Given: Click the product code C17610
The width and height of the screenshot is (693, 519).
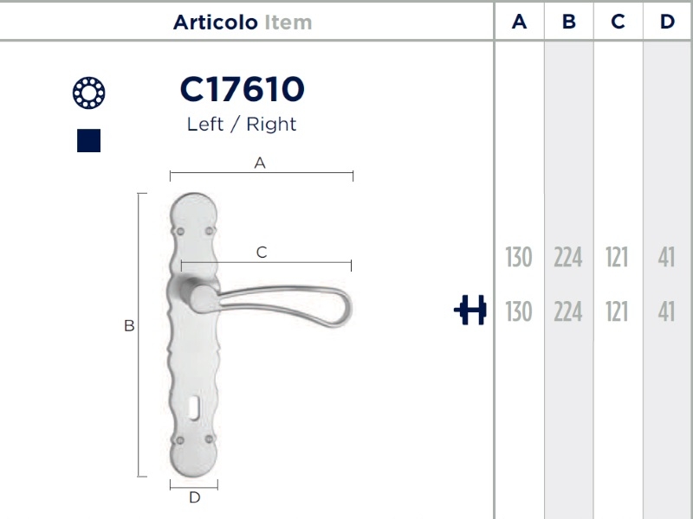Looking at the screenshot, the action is [x=243, y=89].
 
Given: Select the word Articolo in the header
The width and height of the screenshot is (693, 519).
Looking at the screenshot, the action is [x=215, y=22].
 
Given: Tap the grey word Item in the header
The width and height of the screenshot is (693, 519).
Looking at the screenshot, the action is [x=288, y=22].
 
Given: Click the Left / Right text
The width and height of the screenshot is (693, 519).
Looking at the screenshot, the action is [x=242, y=124].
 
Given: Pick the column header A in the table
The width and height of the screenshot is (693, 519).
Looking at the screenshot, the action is [x=519, y=22].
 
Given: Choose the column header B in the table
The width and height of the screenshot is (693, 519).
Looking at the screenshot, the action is [x=569, y=22].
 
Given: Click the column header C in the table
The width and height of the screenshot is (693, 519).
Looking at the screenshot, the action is [x=618, y=22].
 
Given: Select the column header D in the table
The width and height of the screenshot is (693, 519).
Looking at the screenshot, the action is [x=667, y=22].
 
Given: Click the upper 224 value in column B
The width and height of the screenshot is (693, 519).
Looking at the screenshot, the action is [x=568, y=257].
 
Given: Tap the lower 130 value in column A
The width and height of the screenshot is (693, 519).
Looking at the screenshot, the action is [x=519, y=311].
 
